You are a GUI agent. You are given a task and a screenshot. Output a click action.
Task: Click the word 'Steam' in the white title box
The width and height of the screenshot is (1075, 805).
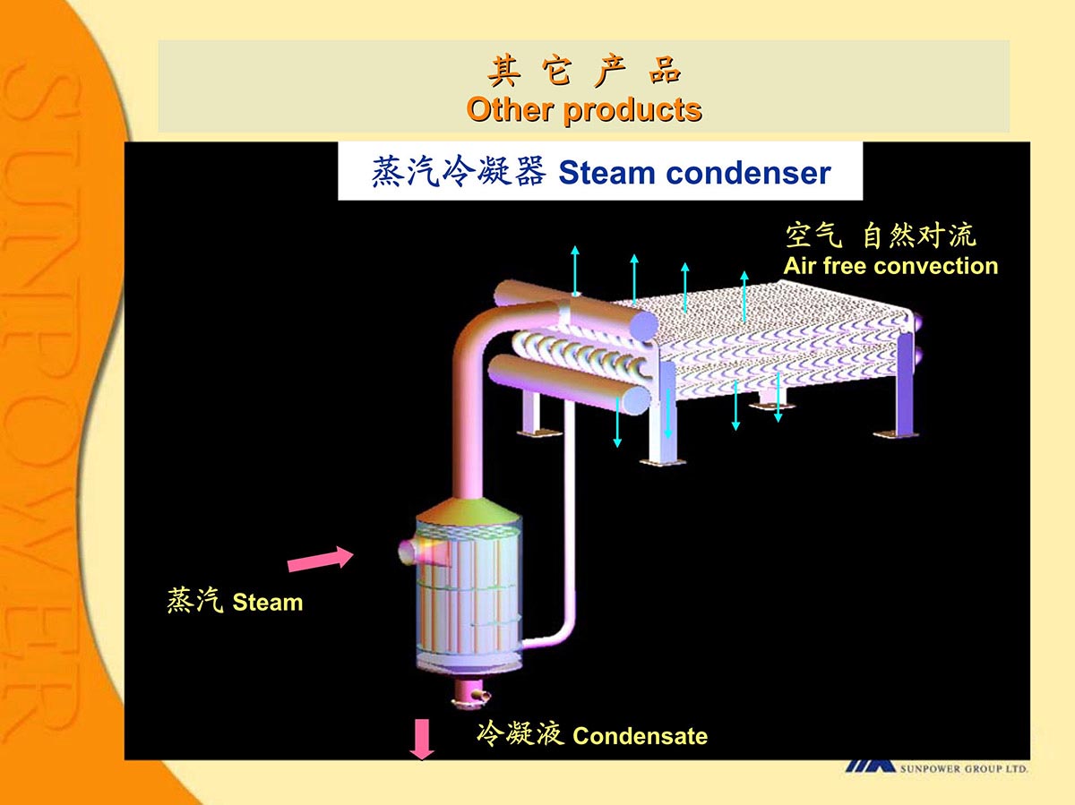point(608,173)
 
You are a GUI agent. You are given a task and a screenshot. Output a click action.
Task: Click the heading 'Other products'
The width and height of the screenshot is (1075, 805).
point(583,109)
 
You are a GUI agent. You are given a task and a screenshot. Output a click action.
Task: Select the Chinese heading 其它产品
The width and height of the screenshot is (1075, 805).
point(583,71)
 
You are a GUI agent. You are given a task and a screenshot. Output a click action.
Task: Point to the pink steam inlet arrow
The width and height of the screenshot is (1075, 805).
point(319,559)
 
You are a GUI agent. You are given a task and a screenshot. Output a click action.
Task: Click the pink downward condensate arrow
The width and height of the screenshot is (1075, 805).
point(422,740)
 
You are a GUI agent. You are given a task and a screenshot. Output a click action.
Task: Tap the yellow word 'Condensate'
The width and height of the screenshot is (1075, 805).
point(640,737)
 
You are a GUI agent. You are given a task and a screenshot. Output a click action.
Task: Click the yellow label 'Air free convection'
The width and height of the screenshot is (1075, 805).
point(890,266)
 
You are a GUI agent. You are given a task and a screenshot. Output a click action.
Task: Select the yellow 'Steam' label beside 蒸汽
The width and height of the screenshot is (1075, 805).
point(267,603)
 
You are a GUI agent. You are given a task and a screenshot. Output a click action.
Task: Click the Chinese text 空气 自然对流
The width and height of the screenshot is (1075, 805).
point(880,236)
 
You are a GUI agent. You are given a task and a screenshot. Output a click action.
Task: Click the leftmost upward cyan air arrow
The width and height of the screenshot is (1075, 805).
point(575,268)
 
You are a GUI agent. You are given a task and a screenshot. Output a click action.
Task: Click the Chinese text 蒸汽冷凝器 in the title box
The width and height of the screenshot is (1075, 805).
point(458,172)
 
